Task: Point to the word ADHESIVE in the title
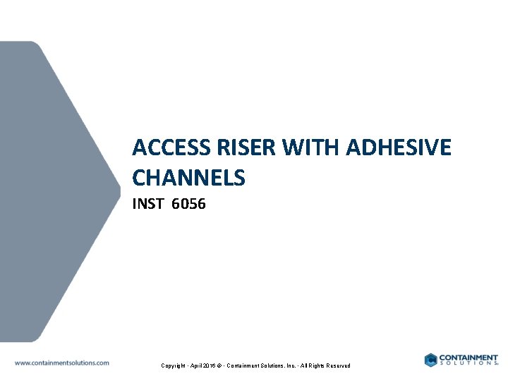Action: [399, 148]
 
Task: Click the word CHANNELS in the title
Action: [188, 178]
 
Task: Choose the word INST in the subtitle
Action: [147, 205]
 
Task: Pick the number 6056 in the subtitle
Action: [188, 205]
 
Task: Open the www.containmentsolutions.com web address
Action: [62, 363]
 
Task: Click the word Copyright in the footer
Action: [174, 365]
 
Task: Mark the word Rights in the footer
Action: [319, 365]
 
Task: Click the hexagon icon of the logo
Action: [430, 360]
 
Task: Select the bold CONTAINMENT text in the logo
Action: [468, 357]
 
